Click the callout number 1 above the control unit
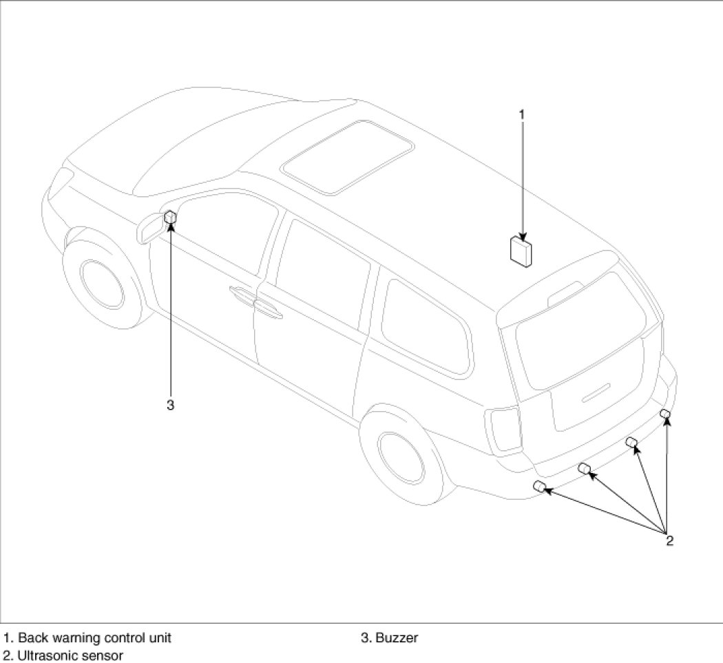[521, 114]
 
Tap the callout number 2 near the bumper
[669, 540]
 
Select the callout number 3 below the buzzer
[170, 405]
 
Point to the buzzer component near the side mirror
[171, 218]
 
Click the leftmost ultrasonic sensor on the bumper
[541, 487]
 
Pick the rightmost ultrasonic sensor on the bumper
[664, 413]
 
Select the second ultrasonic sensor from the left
[584, 468]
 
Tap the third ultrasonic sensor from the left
[631, 442]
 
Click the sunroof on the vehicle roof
[348, 158]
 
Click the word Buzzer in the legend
[397, 638]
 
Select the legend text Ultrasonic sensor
[70, 655]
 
